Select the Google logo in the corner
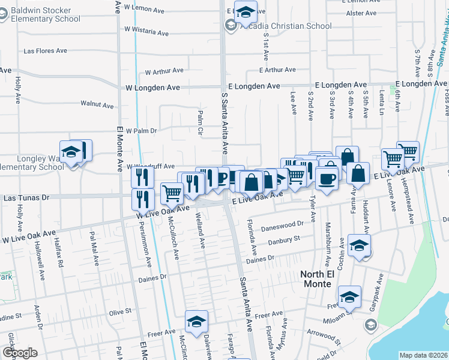click(x=19, y=353)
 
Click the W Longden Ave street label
click(x=153, y=88)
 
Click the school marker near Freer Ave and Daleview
click(x=196, y=322)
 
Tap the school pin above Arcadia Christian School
click(x=246, y=11)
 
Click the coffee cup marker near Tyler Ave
click(x=327, y=178)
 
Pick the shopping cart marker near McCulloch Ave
click(x=172, y=193)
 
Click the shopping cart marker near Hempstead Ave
click(x=408, y=152)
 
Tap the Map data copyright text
click(x=423, y=355)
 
